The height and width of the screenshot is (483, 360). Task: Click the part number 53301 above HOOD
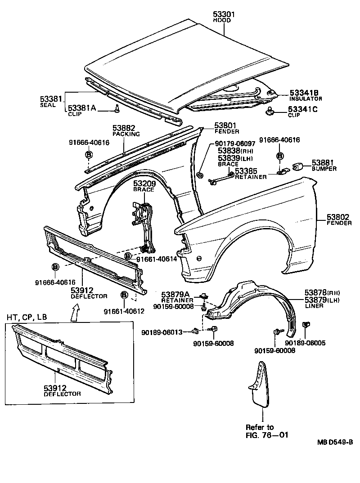[x=224, y=15]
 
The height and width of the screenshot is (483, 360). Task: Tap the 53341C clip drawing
[x=271, y=111]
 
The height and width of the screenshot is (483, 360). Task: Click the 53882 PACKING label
[x=126, y=131]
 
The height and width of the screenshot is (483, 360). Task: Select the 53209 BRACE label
[x=144, y=186]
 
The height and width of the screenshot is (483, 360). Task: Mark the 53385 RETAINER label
[x=250, y=174]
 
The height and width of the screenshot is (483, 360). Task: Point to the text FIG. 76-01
[x=266, y=435]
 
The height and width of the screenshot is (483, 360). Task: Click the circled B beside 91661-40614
[x=128, y=256]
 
